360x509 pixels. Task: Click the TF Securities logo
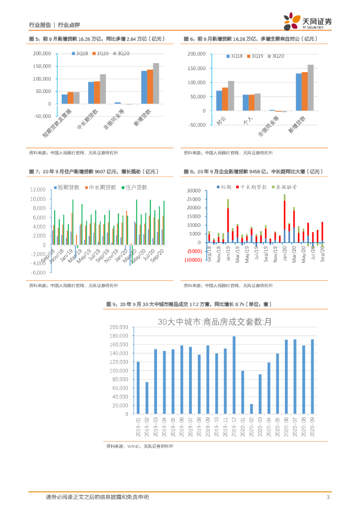coord(307,22)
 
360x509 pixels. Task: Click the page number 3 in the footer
coord(328,497)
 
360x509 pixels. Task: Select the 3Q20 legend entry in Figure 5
coord(121,53)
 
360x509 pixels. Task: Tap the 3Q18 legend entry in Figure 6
coord(234,56)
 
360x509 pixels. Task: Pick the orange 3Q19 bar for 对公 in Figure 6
coord(225,99)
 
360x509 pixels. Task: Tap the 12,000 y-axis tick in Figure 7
coord(39,190)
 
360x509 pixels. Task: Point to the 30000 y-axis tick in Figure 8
coord(193,190)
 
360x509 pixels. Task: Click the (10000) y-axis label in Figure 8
coord(192,260)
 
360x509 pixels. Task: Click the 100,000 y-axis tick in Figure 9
coord(118,370)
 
